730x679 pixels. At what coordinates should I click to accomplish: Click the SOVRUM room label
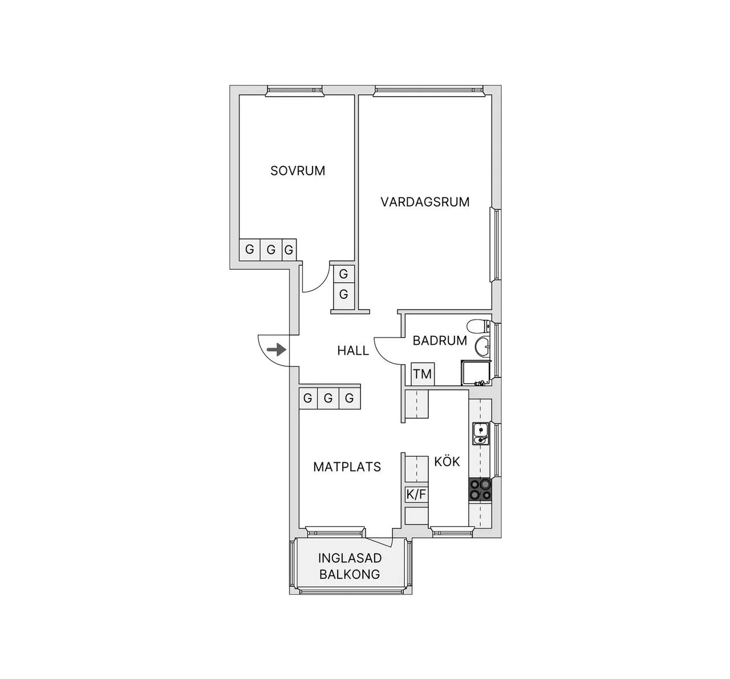pos(298,171)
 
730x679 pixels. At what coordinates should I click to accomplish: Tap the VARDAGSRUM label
pos(425,202)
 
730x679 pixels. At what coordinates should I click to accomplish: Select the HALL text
pos(353,351)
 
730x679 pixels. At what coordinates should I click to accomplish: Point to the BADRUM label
pos(440,341)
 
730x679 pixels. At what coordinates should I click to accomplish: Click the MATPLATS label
pos(347,467)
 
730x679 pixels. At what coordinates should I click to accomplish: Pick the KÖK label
pos(447,461)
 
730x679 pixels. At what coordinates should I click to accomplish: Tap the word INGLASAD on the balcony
pos(350,558)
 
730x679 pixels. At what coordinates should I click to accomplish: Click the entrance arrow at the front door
pos(277,349)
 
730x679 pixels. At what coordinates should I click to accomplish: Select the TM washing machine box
pos(423,374)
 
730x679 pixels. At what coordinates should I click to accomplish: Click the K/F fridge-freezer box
pos(416,495)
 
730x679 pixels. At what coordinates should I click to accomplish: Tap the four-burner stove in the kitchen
pos(480,489)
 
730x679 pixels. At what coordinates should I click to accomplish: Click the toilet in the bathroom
pos(478,326)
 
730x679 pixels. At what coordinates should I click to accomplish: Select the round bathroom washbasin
pos(482,346)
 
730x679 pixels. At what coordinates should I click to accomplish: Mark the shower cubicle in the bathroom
pos(476,373)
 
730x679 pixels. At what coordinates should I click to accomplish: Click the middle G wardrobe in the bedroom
pos(271,250)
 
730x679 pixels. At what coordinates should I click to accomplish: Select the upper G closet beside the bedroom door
pos(344,274)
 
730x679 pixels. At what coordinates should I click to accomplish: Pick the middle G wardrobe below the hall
pos(328,398)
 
